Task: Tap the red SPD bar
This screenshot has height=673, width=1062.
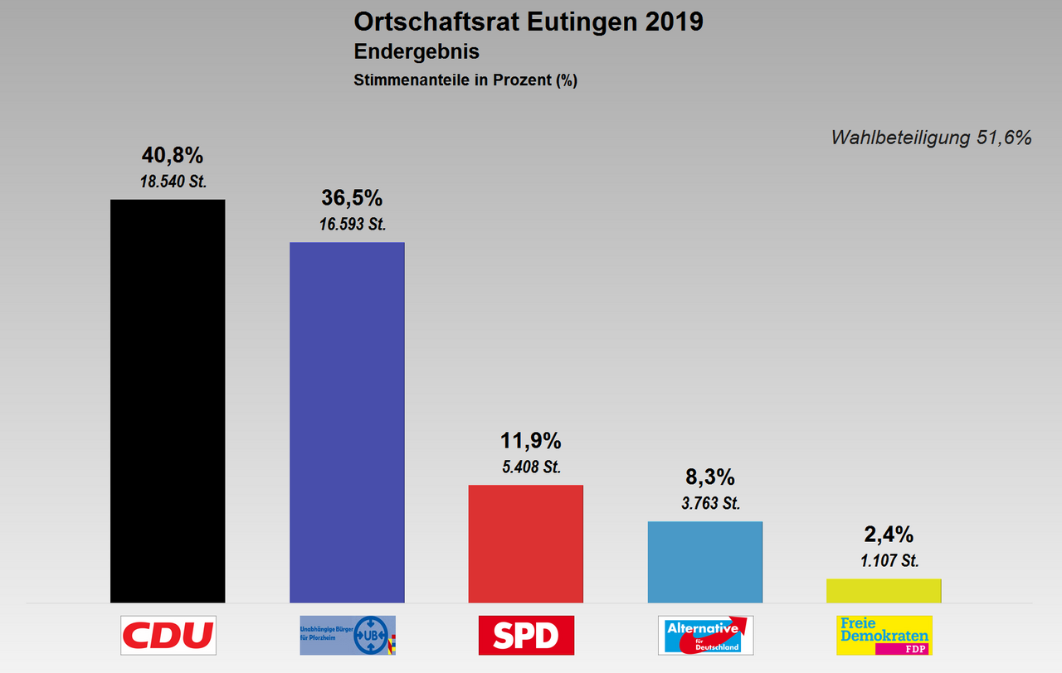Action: tap(526, 544)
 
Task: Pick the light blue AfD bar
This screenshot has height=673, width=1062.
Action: tap(704, 562)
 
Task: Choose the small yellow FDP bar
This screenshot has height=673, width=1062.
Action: tap(884, 590)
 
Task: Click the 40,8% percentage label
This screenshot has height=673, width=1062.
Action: tap(173, 155)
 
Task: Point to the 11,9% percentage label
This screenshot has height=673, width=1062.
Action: tap(531, 441)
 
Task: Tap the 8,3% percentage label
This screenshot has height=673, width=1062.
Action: tap(709, 477)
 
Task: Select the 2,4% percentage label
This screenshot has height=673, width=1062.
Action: tap(889, 535)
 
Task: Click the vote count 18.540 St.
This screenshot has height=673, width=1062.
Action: tap(173, 182)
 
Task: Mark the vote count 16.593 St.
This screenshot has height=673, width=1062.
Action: tap(352, 224)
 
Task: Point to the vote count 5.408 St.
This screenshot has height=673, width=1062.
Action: tap(531, 467)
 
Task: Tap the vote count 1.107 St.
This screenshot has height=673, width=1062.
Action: tap(889, 560)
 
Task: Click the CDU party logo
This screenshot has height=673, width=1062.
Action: tap(168, 635)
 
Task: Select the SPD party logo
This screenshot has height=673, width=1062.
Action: tap(526, 635)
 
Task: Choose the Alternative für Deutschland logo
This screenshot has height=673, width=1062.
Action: tap(705, 635)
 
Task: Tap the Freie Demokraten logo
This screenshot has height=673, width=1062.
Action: tap(884, 635)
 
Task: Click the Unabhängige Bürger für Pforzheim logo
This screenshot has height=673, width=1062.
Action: tap(347, 635)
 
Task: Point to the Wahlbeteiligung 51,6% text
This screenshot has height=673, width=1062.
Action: tap(931, 138)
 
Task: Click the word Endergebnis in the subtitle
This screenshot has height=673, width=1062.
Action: tap(417, 51)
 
